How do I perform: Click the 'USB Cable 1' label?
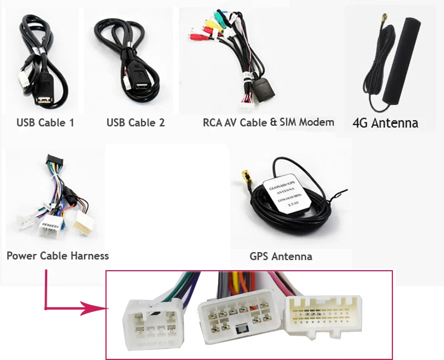(45, 123)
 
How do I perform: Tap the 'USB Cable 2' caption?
(135, 123)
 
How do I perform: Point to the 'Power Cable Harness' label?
(58, 256)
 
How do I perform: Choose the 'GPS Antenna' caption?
(281, 256)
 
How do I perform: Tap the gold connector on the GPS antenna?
(244, 177)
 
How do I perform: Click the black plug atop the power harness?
(54, 161)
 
